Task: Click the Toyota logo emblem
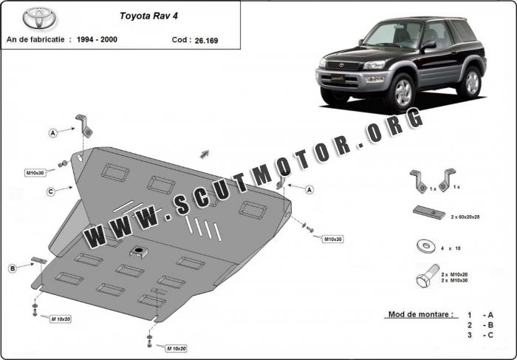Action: click(39, 18)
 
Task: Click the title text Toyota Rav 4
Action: click(148, 16)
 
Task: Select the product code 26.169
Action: click(206, 41)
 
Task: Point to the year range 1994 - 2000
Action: click(97, 39)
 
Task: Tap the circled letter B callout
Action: click(13, 268)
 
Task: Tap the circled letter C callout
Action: click(51, 191)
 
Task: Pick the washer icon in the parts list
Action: click(426, 246)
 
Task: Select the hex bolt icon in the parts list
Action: click(428, 276)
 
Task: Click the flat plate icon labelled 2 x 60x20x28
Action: click(428, 212)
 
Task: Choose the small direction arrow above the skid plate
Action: click(205, 154)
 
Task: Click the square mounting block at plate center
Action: click(139, 251)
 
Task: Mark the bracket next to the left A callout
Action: click(84, 126)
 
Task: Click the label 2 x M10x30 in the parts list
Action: click(454, 280)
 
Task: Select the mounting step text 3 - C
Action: click(480, 335)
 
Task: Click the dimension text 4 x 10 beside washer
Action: click(450, 248)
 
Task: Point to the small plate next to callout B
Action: click(39, 260)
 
